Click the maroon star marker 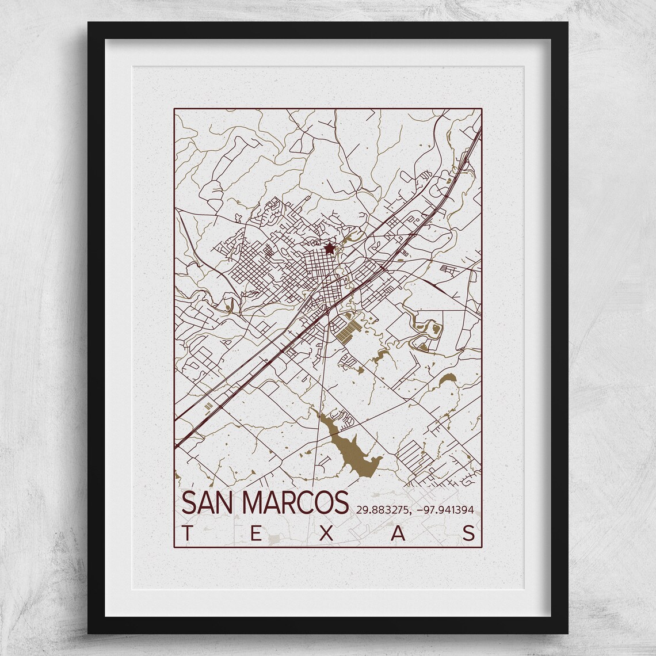pos(329,249)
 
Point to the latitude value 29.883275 pos(382,509)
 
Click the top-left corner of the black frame pos(89,23)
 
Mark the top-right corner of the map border pos(481,109)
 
